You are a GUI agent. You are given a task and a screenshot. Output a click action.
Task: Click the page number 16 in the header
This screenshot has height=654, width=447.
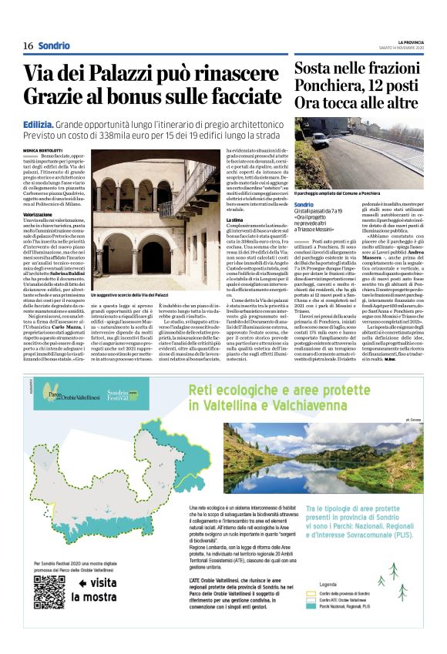click(x=28, y=46)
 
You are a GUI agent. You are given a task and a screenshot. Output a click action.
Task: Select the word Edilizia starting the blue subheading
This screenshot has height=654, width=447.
click(x=41, y=123)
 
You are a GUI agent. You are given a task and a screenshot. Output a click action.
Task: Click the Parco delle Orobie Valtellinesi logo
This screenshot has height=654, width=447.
click(x=61, y=399)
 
